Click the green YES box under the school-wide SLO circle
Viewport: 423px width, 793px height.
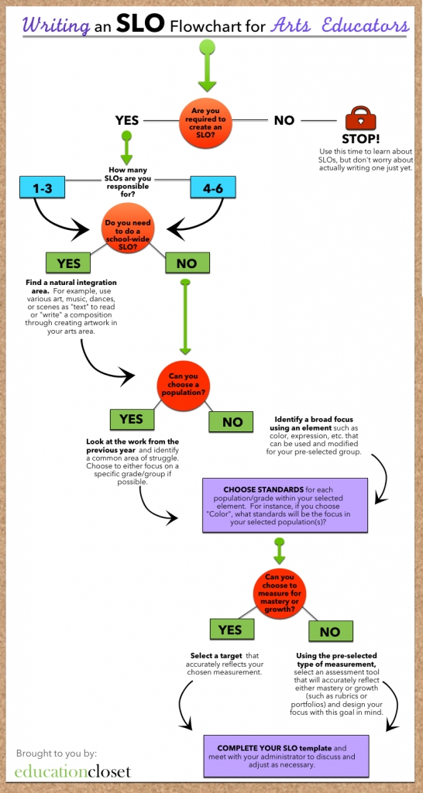click(x=68, y=263)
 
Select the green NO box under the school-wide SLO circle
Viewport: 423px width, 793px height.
click(x=187, y=263)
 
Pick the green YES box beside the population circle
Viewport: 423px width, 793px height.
click(x=132, y=419)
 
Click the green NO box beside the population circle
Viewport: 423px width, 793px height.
click(x=232, y=422)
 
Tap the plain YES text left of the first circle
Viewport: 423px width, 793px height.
click(x=126, y=121)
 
